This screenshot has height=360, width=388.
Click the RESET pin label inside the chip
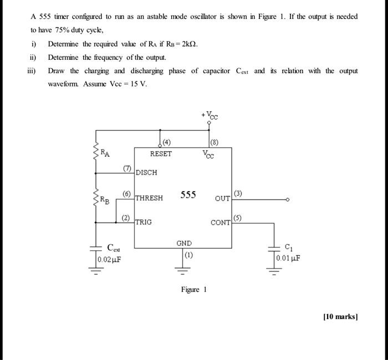coord(161,154)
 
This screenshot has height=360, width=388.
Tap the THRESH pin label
coord(149,198)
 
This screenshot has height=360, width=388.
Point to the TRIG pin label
coord(144,222)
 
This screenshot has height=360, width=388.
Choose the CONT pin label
coord(221,223)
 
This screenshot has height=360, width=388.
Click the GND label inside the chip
coord(184,244)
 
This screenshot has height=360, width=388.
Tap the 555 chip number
coord(188,195)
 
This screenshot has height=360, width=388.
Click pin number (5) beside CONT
coord(238,218)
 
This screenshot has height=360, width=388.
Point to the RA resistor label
coord(105,152)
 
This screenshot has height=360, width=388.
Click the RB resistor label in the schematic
coord(105,199)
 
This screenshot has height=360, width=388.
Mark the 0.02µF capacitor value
coord(109,259)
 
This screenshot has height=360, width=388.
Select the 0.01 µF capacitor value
coord(288,258)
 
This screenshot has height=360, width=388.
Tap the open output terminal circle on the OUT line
coord(287,200)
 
